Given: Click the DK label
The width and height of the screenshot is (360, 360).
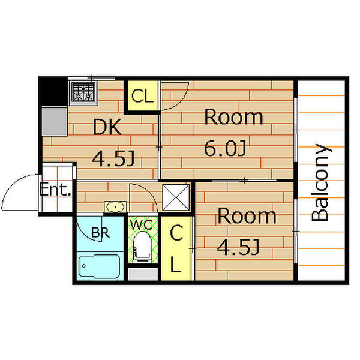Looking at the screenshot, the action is click(107, 127).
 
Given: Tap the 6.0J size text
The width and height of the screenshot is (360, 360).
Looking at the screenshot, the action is click(225, 149).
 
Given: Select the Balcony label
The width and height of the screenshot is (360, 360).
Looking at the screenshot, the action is click(322, 182).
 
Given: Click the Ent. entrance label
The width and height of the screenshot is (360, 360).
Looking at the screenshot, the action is click(55, 189).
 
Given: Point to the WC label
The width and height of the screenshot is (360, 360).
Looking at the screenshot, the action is click(142, 224).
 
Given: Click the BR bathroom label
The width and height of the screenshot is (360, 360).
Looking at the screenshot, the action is click(100, 232).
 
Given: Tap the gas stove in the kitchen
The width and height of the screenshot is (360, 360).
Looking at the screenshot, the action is click(83, 92).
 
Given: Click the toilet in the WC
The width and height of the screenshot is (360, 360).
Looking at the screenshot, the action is click(143, 247).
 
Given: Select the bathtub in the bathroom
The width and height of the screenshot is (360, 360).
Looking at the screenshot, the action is click(99, 266).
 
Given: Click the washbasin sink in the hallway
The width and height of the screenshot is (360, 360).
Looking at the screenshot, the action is click(115, 207).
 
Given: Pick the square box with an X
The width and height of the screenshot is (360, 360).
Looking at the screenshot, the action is click(176, 197).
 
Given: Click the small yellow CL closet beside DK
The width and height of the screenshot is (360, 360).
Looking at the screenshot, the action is click(142, 96).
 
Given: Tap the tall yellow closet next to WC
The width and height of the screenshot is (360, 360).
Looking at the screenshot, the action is click(176, 248).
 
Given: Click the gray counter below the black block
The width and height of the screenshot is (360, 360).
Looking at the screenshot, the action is click(55, 121).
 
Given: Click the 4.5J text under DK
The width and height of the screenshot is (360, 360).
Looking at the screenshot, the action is click(113, 158).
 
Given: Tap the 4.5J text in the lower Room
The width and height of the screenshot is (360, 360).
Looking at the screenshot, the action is click(238, 247).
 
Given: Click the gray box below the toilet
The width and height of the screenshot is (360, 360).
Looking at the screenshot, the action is click(143, 274).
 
